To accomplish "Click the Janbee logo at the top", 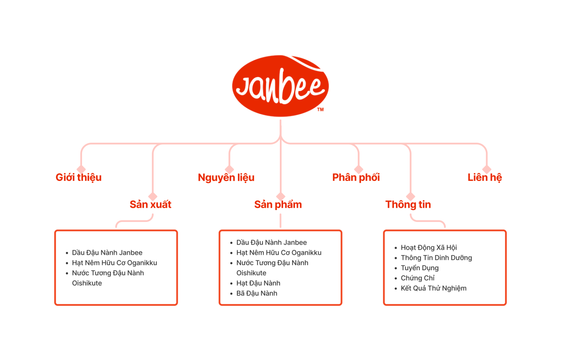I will [280, 86].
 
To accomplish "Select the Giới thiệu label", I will [79, 178].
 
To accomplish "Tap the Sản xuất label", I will [150, 205].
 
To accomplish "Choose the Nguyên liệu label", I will [226, 178].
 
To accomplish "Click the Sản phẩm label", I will [278, 205].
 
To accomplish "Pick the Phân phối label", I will [356, 178].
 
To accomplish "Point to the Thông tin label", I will [408, 205].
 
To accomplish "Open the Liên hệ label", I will [485, 178].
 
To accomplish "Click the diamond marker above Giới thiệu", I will [82, 170].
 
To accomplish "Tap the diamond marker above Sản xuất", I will [153, 196].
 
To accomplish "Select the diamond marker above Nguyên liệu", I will [230, 170].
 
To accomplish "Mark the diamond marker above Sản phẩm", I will [281, 196].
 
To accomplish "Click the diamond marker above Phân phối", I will [359, 170].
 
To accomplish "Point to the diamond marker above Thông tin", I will [411, 196].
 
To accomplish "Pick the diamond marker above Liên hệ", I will [487, 170].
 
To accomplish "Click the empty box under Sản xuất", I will [116, 267].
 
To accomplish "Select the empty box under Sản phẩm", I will [280, 267].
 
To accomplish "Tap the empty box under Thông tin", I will [445, 267].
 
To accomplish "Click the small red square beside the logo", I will [321, 110].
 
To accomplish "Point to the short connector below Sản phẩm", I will [280, 221].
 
